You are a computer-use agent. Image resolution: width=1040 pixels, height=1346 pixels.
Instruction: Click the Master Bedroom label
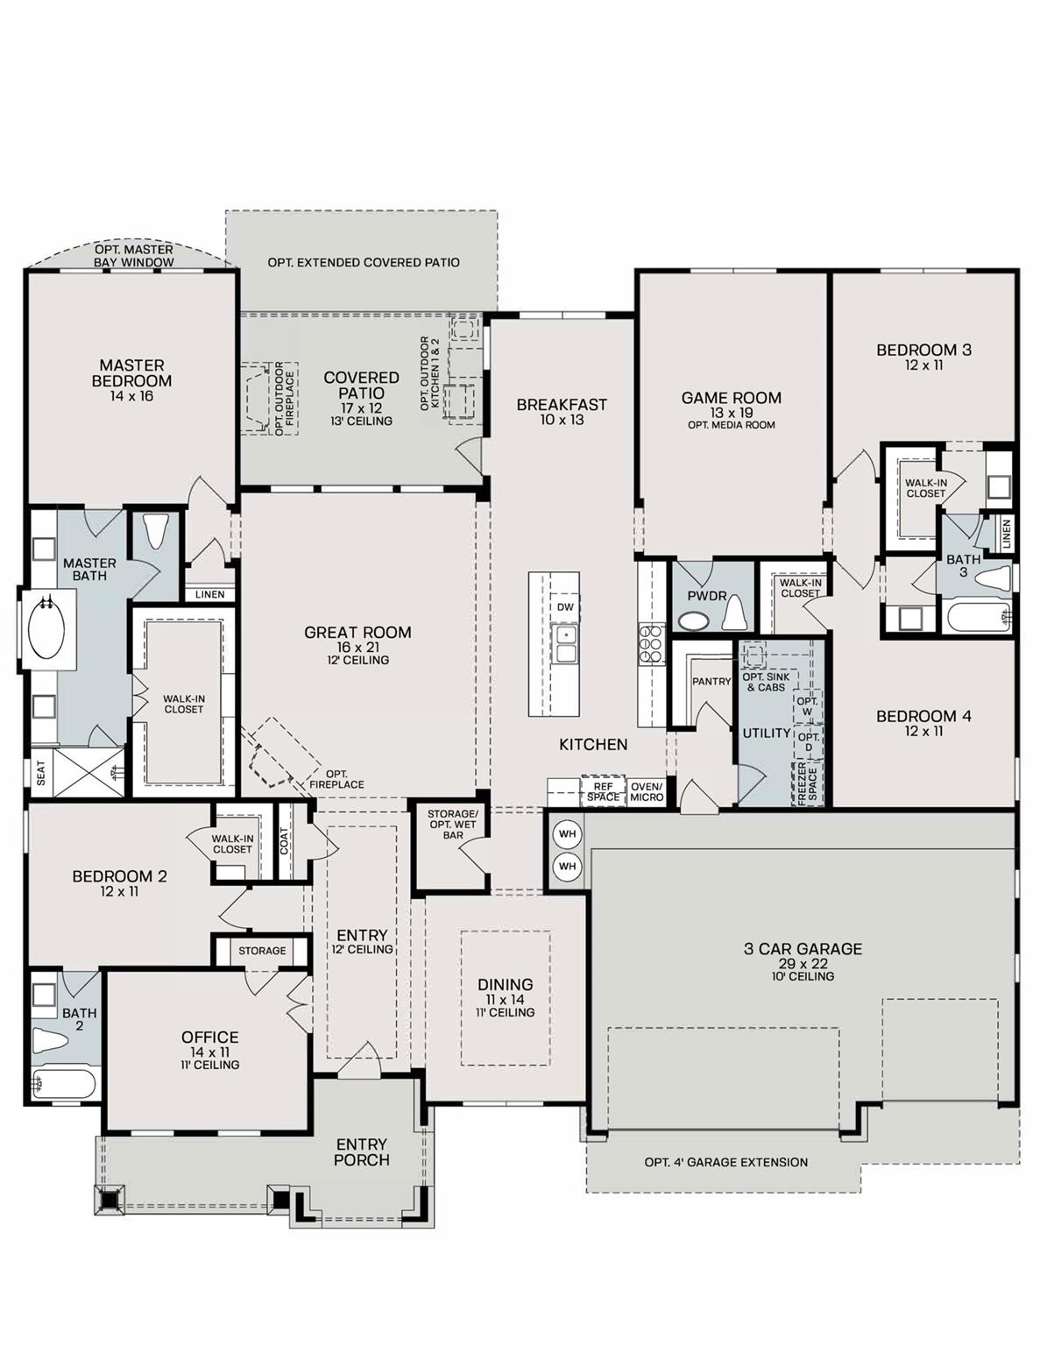(131, 373)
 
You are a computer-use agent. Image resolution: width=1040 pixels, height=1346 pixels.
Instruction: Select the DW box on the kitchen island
(565, 606)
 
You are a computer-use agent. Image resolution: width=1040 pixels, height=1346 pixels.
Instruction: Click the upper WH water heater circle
(567, 833)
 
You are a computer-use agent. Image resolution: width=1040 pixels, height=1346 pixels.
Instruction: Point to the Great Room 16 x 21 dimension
(357, 647)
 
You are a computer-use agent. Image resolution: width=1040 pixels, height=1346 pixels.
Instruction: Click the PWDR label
(707, 596)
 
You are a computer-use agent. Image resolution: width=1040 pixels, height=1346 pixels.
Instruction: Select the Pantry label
(711, 681)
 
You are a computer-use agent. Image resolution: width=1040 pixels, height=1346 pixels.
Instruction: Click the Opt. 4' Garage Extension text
(725, 1162)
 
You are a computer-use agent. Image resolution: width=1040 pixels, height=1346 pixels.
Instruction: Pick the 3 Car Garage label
(803, 949)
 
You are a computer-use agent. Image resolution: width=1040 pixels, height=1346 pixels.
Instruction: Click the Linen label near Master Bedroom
(210, 594)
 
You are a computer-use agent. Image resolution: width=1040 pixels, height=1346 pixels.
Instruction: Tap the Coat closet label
(284, 841)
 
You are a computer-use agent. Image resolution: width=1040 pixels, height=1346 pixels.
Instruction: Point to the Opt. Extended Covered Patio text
(364, 262)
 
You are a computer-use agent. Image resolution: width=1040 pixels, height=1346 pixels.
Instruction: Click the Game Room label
(731, 398)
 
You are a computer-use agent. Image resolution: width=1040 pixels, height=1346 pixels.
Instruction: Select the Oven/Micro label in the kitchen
(647, 791)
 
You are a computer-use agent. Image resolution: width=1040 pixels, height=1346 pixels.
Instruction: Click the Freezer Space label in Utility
(806, 783)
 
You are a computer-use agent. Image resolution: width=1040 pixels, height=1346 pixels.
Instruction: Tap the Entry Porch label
(361, 1151)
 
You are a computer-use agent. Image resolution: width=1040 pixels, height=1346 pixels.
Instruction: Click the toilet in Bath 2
(49, 1040)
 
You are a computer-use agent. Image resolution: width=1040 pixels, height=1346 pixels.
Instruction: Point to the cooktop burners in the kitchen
(651, 641)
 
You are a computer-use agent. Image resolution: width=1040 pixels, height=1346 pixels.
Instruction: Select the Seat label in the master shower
(41, 772)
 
